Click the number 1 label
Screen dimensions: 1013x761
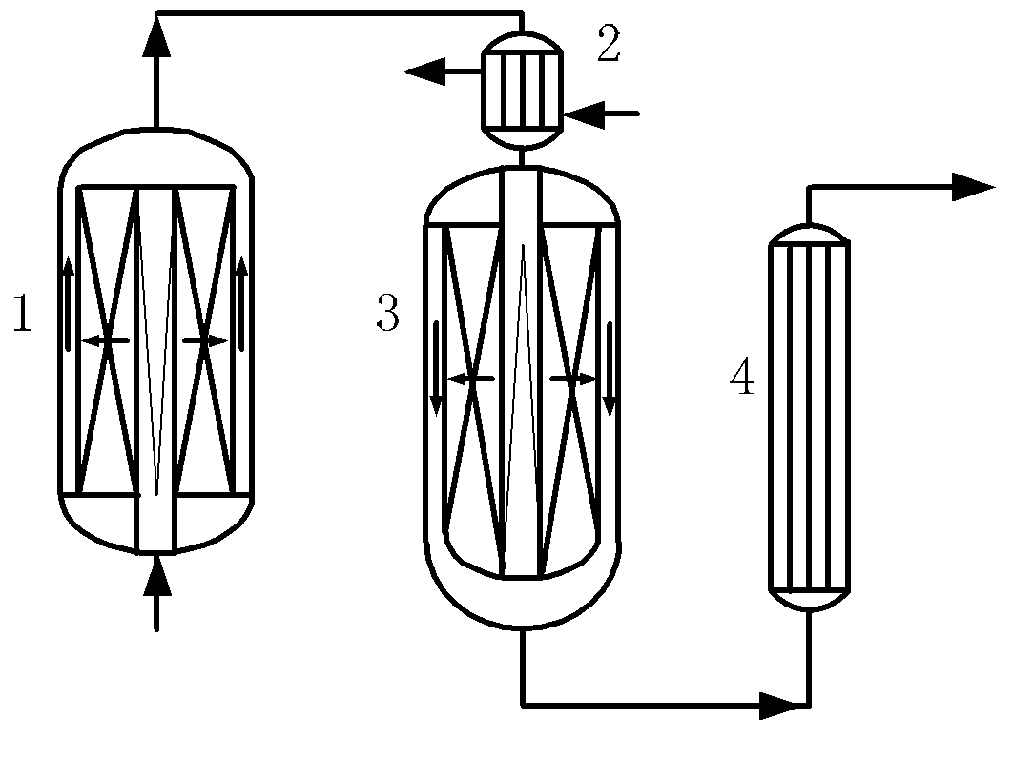pyautogui.click(x=23, y=314)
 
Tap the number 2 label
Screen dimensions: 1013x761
pyautogui.click(x=609, y=44)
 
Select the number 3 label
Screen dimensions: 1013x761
pyautogui.click(x=387, y=313)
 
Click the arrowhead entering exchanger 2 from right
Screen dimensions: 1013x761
pyautogui.click(x=584, y=114)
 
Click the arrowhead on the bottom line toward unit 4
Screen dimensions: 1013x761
pyautogui.click(x=779, y=706)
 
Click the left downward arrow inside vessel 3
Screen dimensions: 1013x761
pyautogui.click(x=437, y=368)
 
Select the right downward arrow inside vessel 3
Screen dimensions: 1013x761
pyautogui.click(x=610, y=368)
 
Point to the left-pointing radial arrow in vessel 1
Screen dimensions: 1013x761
pyautogui.click(x=105, y=339)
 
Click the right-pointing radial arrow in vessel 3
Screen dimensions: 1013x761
pyautogui.click(x=573, y=380)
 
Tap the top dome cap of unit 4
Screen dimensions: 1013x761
pyautogui.click(x=809, y=234)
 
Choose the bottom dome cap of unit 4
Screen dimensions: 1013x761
pyautogui.click(x=809, y=600)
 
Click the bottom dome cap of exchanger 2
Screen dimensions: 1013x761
pyautogui.click(x=522, y=137)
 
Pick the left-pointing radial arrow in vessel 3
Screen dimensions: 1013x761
pyautogui.click(x=470, y=380)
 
